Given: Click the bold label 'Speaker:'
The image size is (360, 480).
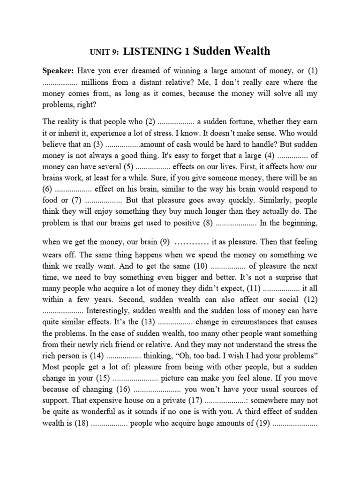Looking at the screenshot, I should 58,71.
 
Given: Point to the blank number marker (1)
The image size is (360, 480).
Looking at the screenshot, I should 312,71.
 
